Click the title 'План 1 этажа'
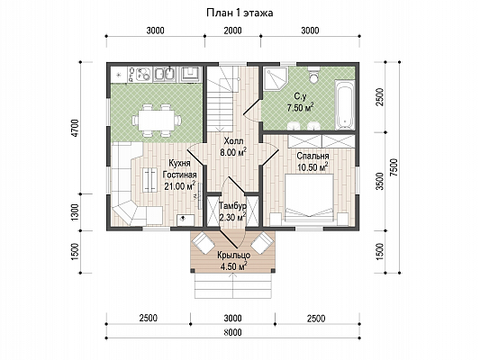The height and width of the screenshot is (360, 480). tap(240, 13)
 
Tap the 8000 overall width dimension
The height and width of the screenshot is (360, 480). tap(232, 332)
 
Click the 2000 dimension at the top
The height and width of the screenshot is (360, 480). tap(232, 31)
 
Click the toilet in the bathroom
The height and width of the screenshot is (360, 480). tap(313, 76)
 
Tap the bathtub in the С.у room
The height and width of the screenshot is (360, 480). tap(345, 104)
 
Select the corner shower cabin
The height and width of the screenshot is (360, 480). tap(276, 78)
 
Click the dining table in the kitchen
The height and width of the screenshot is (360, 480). tap(156, 120)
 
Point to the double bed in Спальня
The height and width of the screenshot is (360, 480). tap(309, 197)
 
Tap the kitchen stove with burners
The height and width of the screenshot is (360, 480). tap(140, 75)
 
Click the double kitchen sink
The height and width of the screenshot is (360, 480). tap(164, 75)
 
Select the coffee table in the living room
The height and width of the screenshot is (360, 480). tap(150, 180)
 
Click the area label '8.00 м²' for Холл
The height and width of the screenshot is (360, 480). tap(233, 152)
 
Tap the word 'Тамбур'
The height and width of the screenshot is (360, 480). tap(233, 205)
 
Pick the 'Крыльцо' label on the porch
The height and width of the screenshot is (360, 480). tap(234, 255)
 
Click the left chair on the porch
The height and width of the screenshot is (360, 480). tap(203, 242)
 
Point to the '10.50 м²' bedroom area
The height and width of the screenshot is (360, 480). tap(312, 167)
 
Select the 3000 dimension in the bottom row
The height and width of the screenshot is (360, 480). tap(232, 318)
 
